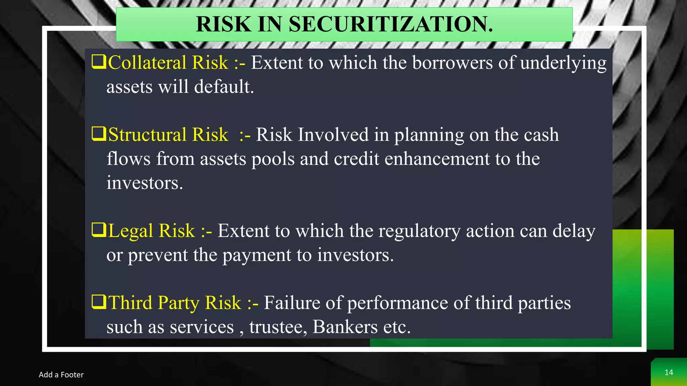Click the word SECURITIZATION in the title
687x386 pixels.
click(x=391, y=24)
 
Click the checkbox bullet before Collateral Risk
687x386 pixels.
click(x=99, y=62)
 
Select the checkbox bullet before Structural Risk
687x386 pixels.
click(x=99, y=134)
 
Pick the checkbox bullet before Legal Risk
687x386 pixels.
click(x=99, y=230)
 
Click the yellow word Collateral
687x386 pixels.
click(x=147, y=63)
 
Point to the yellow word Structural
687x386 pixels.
click(x=148, y=135)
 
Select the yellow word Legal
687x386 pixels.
click(x=131, y=231)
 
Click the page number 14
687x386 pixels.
click(x=669, y=373)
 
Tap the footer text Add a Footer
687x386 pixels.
click(x=61, y=375)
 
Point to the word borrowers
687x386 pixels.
click(x=452, y=63)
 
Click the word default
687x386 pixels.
click(x=224, y=87)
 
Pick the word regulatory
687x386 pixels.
click(x=419, y=231)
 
